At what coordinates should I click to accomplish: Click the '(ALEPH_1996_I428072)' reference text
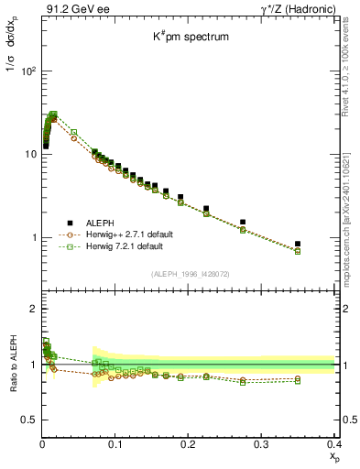coord(189,275)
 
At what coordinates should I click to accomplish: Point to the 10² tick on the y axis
coord(27,71)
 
